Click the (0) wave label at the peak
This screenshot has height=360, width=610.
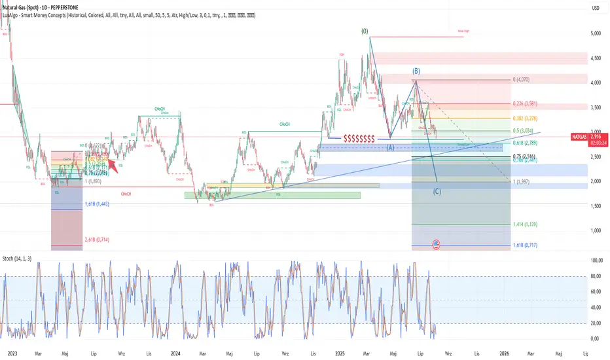[x=365, y=31]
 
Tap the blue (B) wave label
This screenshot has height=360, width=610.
[x=416, y=71]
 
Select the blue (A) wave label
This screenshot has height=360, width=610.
[x=390, y=147]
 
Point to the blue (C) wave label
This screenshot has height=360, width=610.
[x=437, y=191]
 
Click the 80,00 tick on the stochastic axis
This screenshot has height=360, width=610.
[x=596, y=276]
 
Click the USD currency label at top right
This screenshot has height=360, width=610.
[x=596, y=8]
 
